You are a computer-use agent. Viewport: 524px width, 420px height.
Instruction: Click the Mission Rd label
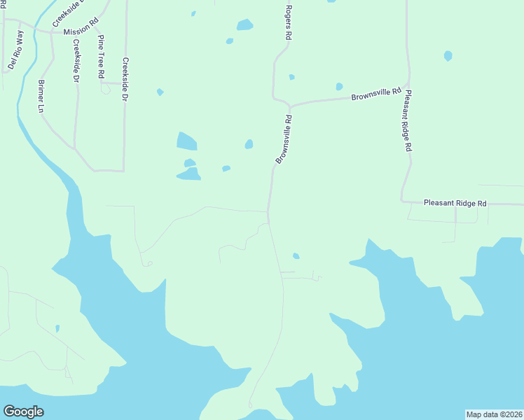pyautogui.click(x=77, y=31)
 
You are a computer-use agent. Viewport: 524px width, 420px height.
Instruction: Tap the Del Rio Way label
pyautogui.click(x=15, y=51)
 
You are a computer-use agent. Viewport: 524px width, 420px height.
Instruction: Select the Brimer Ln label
pyautogui.click(x=41, y=97)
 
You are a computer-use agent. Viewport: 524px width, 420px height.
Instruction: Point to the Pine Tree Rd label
pyautogui.click(x=102, y=55)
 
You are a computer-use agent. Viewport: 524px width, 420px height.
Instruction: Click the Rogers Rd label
pyautogui.click(x=288, y=22)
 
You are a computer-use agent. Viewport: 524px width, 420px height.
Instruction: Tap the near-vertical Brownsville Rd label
pyautogui.click(x=284, y=140)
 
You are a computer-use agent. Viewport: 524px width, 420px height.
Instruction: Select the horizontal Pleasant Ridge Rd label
pyautogui.click(x=455, y=203)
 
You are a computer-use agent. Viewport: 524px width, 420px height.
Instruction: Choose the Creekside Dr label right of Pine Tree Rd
pyautogui.click(x=125, y=79)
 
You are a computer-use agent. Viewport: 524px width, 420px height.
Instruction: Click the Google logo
pyautogui.click(x=23, y=412)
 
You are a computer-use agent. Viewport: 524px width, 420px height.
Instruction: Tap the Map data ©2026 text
pyautogui.click(x=495, y=414)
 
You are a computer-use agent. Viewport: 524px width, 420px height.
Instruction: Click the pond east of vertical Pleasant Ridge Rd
pyautogui.click(x=448, y=55)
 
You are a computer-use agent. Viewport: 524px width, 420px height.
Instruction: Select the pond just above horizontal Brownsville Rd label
pyautogui.click(x=339, y=87)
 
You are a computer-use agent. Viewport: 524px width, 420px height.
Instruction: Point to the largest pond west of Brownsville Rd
pyautogui.click(x=186, y=141)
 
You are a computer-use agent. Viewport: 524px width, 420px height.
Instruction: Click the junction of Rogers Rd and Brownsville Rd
pyautogui.click(x=288, y=106)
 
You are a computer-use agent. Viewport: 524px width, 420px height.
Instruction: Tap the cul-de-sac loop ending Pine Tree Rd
pyautogui.click(x=106, y=90)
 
